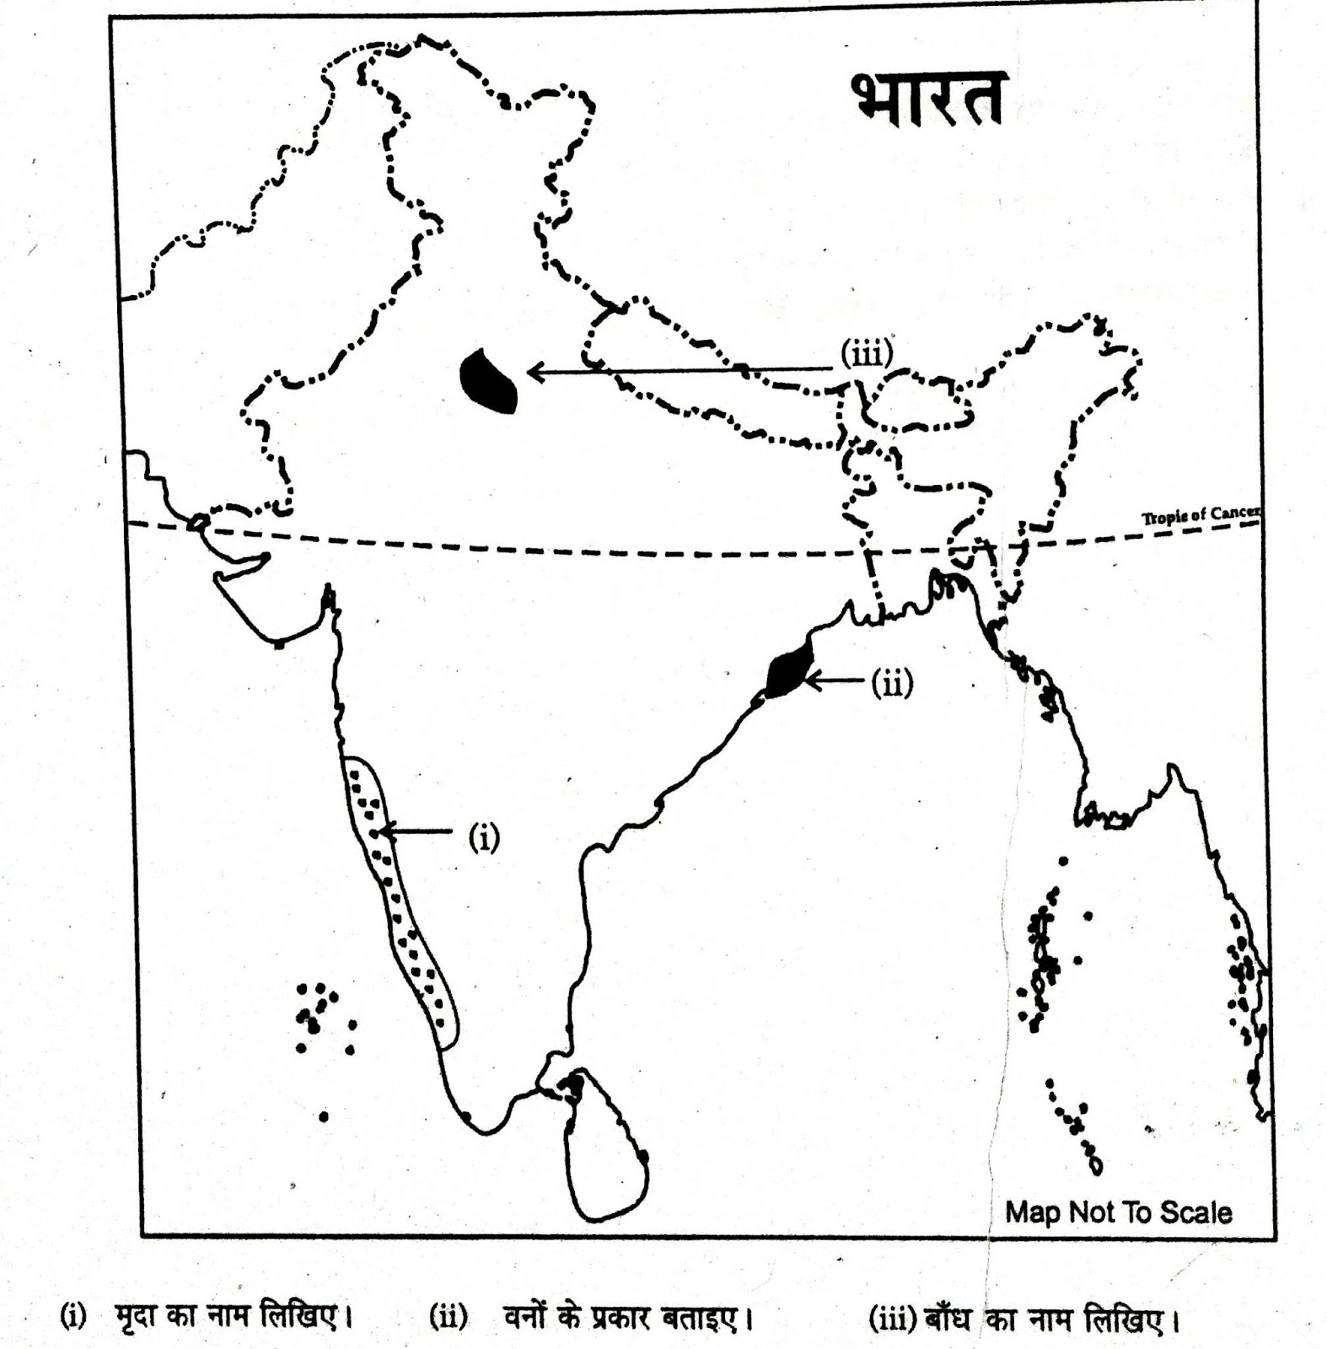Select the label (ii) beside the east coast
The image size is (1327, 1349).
tap(892, 683)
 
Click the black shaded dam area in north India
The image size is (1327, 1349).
tap(488, 381)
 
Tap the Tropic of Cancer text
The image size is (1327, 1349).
tap(1201, 515)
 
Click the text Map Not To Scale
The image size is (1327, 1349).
tap(1118, 1212)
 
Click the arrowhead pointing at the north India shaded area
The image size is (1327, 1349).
tap(533, 371)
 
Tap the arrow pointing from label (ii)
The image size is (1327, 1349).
tap(835, 680)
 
